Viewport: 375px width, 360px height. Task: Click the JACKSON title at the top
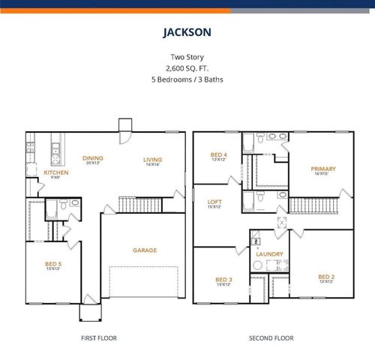click(x=187, y=32)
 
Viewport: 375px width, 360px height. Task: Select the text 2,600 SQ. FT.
click(x=187, y=67)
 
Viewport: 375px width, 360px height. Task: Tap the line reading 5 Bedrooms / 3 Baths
click(x=187, y=78)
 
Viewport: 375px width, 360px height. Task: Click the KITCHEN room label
click(x=56, y=172)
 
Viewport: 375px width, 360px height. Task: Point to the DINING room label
click(x=93, y=158)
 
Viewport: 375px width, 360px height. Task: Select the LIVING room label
click(x=153, y=159)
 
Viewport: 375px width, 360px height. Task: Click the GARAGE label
click(x=145, y=250)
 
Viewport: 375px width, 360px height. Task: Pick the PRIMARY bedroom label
click(x=323, y=169)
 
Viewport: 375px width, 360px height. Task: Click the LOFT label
click(x=214, y=202)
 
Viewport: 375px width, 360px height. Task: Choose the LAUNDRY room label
click(x=269, y=254)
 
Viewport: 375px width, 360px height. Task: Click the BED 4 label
click(x=218, y=155)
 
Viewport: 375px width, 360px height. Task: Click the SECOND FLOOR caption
click(x=271, y=338)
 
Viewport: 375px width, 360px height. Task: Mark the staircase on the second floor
click(x=310, y=204)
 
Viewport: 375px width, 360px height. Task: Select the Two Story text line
click(x=187, y=57)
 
